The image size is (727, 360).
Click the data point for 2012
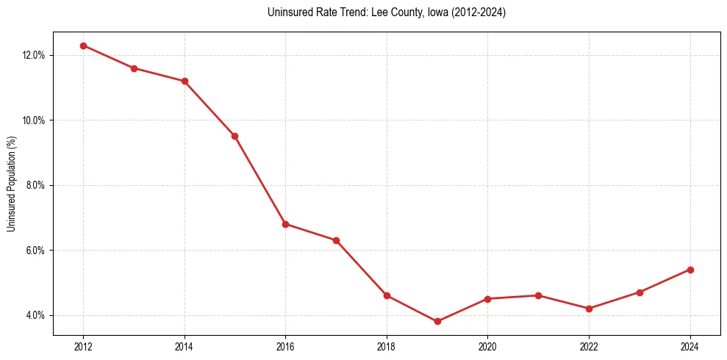point(83,46)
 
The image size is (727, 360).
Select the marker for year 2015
point(234,136)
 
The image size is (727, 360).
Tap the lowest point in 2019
point(437,321)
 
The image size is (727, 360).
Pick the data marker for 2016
point(285,224)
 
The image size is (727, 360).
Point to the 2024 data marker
point(690,270)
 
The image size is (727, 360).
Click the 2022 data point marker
point(589,309)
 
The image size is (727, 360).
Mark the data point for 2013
point(134,68)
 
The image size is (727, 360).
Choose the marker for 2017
point(336,240)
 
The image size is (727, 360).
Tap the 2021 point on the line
point(538,295)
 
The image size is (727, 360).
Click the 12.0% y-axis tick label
point(34,55)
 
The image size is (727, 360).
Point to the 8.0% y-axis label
point(36,185)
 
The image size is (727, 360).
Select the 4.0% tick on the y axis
point(36,315)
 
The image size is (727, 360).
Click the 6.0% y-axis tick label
point(36,251)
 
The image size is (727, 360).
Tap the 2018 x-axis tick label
point(387,346)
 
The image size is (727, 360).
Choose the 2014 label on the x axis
point(185,346)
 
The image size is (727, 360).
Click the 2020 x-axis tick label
point(487,346)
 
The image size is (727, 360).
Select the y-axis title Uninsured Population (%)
point(12,184)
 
